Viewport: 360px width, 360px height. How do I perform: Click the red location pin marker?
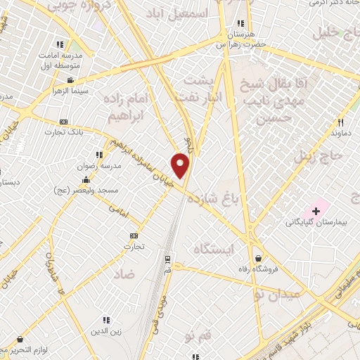(181, 166)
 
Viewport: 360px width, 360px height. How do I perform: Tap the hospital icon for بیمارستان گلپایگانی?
(316, 211)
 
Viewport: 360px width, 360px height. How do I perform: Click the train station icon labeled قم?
(167, 257)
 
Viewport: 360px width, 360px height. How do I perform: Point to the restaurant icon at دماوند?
(339, 121)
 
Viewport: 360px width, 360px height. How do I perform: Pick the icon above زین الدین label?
(106, 319)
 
